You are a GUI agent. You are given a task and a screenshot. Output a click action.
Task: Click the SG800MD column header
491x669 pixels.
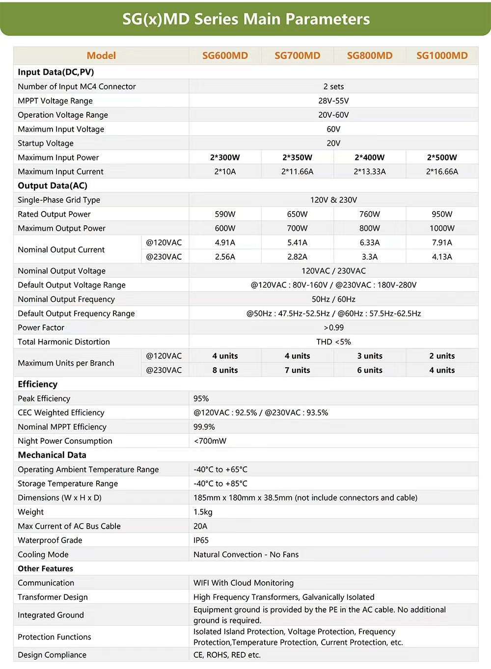click(x=370, y=55)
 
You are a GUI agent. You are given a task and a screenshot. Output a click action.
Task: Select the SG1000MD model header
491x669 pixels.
click(x=442, y=55)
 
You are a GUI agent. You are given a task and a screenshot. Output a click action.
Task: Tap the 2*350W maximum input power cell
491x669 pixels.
click(x=297, y=158)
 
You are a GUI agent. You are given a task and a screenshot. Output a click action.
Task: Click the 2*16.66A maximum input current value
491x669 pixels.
click(x=442, y=172)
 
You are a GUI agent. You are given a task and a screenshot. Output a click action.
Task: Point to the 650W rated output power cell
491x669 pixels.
click(x=297, y=214)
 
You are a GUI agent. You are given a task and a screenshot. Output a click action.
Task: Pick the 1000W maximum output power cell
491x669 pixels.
click(x=442, y=228)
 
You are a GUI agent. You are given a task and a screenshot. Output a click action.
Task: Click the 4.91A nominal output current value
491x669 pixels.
click(x=225, y=242)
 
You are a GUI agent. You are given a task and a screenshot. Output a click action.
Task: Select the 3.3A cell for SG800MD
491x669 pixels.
click(x=370, y=257)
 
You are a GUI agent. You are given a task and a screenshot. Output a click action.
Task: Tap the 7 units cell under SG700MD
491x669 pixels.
click(x=297, y=370)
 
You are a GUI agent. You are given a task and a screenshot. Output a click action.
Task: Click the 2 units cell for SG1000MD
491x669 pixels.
click(x=442, y=356)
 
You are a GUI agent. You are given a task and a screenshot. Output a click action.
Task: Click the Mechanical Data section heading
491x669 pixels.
click(x=52, y=455)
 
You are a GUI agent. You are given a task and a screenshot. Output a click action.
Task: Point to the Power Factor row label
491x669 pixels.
click(x=41, y=327)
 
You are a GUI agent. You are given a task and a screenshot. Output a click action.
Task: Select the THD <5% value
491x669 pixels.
click(x=333, y=342)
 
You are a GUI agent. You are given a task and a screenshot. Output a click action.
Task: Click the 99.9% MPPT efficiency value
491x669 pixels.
click(x=204, y=427)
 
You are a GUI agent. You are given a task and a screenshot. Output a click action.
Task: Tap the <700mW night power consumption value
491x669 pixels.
click(x=210, y=441)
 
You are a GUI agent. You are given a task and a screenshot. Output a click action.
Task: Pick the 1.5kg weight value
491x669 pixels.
click(x=203, y=512)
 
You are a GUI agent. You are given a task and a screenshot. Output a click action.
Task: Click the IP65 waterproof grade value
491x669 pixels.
click(x=201, y=540)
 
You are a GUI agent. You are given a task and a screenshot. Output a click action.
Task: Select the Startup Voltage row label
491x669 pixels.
click(x=46, y=143)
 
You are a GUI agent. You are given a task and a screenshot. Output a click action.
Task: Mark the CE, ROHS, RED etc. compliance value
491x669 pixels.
click(x=227, y=655)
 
